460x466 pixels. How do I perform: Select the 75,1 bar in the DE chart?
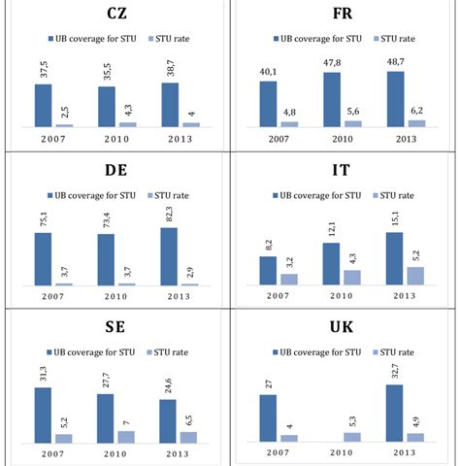click(44, 258)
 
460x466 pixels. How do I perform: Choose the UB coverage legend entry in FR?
click(312, 38)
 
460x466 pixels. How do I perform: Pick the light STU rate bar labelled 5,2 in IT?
click(415, 275)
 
